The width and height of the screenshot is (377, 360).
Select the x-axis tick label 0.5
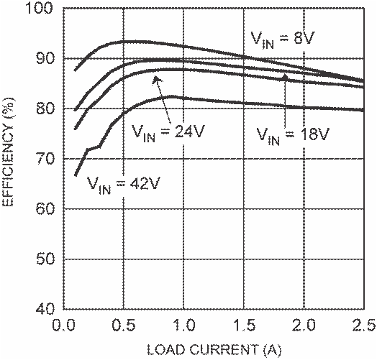[x=123, y=326]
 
